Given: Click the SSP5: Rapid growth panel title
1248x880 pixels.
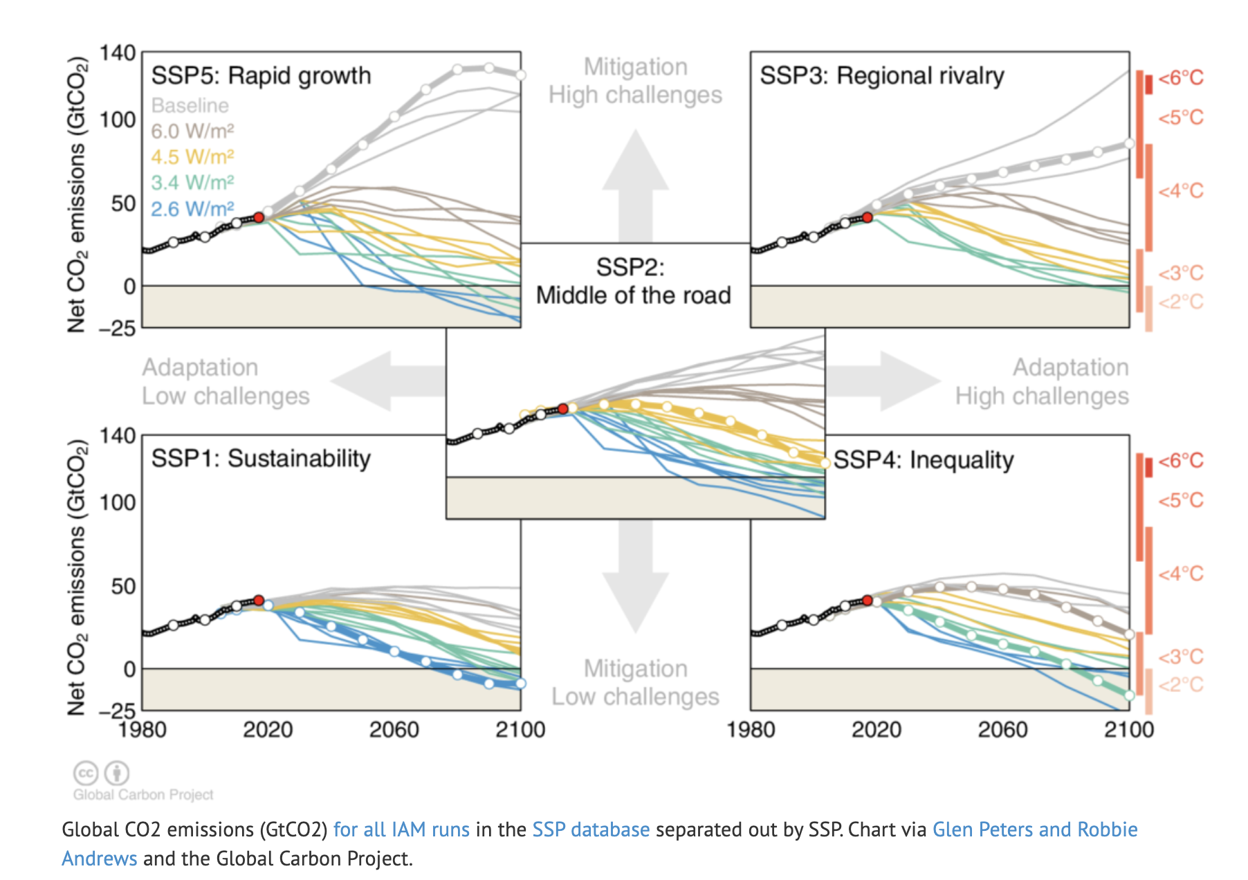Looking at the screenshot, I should tap(261, 75).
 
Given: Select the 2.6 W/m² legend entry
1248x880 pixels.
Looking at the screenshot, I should tap(192, 209).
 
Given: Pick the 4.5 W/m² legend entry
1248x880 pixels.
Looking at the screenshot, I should tap(192, 157).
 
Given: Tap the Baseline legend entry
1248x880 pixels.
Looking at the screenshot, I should tap(190, 105).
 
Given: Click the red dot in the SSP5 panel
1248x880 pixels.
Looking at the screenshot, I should tap(259, 217).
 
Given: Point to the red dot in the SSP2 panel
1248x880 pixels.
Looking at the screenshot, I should tap(563, 409).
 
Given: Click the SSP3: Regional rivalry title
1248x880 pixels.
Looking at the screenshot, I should tap(882, 75).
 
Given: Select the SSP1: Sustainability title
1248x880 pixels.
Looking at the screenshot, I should tap(261, 459).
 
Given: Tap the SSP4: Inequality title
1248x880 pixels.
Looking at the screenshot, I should tap(924, 460).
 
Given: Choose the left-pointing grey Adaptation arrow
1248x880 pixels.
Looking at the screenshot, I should tap(387, 381).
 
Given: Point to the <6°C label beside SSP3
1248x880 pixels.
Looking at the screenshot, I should tap(1181, 78).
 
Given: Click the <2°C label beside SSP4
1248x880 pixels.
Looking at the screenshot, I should tap(1181, 685).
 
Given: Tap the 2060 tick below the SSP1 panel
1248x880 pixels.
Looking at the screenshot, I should tap(394, 730).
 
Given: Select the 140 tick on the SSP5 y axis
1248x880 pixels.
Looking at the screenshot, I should tap(118, 53).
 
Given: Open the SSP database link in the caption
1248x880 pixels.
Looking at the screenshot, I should tap(591, 829).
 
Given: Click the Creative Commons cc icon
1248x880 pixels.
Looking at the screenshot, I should tap(86, 773).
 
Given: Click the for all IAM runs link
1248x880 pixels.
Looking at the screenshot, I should tap(401, 829).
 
